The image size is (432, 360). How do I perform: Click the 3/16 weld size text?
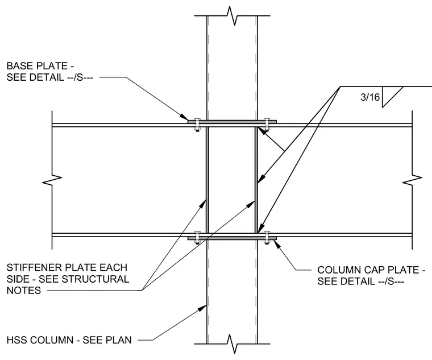coord(370,97)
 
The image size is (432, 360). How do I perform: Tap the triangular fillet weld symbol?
coord(390,97)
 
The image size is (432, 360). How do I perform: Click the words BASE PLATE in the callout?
coord(37,66)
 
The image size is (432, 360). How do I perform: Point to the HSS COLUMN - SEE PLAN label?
coord(69,340)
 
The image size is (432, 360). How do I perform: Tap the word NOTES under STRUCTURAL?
coord(24,290)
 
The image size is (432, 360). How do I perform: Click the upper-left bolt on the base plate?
coord(197,125)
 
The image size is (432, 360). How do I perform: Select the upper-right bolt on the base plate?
coord(267,125)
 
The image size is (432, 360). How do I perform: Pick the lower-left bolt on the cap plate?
coord(197,237)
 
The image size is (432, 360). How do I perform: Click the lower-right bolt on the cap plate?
coord(267,237)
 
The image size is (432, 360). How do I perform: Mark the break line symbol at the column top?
coord(232,16)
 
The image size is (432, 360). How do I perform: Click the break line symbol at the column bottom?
coord(232,344)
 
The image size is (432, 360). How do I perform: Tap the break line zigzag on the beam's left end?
coord(52,180)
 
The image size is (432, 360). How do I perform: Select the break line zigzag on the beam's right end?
coord(412,180)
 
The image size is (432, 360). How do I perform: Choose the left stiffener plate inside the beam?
coord(207,180)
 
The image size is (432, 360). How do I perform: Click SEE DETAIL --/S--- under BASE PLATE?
coord(49,77)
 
